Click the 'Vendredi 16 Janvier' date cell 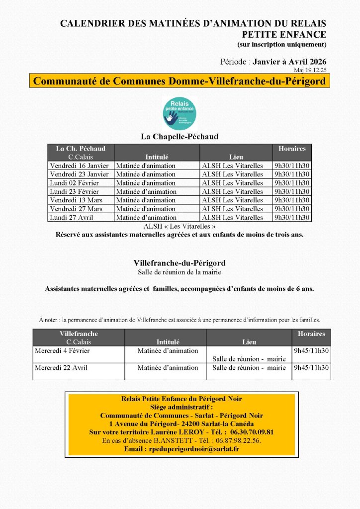click(x=79, y=166)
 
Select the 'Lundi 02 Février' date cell click(x=75, y=183)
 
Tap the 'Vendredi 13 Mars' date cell click(x=76, y=200)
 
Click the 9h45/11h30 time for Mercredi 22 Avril click(x=311, y=368)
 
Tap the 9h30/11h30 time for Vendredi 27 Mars click(x=292, y=209)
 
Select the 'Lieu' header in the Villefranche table click(x=249, y=342)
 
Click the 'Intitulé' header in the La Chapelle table click(x=157, y=157)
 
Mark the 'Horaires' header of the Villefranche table click(x=311, y=334)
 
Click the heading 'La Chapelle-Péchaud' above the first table click(x=180, y=136)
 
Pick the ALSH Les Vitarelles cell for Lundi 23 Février click(x=232, y=191)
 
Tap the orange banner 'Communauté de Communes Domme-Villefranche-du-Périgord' click(x=180, y=81)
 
